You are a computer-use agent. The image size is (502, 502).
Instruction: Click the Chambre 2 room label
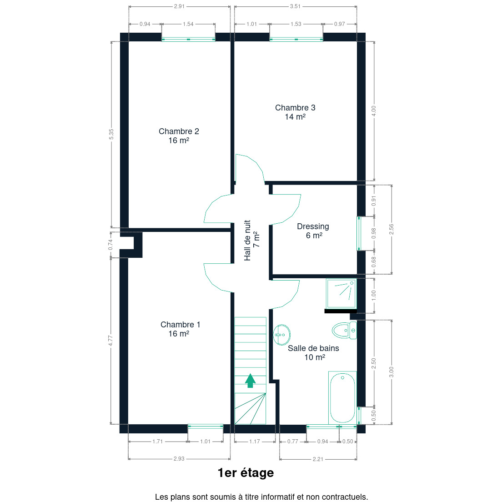(179, 136)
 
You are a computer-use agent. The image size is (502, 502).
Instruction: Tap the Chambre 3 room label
(295, 112)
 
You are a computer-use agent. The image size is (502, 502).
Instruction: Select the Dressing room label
(313, 231)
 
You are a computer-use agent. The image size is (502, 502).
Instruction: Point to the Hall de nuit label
(251, 240)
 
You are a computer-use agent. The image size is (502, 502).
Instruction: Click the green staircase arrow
(251, 381)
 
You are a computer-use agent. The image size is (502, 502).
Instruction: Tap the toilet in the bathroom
(344, 331)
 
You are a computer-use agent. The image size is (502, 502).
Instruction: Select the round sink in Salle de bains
(282, 335)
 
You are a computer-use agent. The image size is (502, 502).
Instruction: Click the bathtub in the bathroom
(342, 397)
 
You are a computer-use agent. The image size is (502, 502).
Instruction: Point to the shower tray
(341, 294)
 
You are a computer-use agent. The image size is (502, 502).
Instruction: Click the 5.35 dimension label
(111, 134)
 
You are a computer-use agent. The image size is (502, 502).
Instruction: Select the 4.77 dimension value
(110, 340)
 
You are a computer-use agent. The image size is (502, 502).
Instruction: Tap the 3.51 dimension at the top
(295, 6)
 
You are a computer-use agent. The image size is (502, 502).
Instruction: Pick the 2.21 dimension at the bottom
(318, 459)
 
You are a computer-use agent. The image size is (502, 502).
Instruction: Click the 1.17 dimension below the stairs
(255, 442)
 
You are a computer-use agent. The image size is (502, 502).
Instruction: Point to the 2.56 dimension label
(391, 229)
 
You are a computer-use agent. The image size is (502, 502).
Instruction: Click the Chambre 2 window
(188, 40)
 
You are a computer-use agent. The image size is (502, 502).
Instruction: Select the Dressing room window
(359, 233)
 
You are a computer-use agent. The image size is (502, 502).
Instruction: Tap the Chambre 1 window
(205, 427)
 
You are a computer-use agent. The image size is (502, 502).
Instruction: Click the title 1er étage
(246, 473)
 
